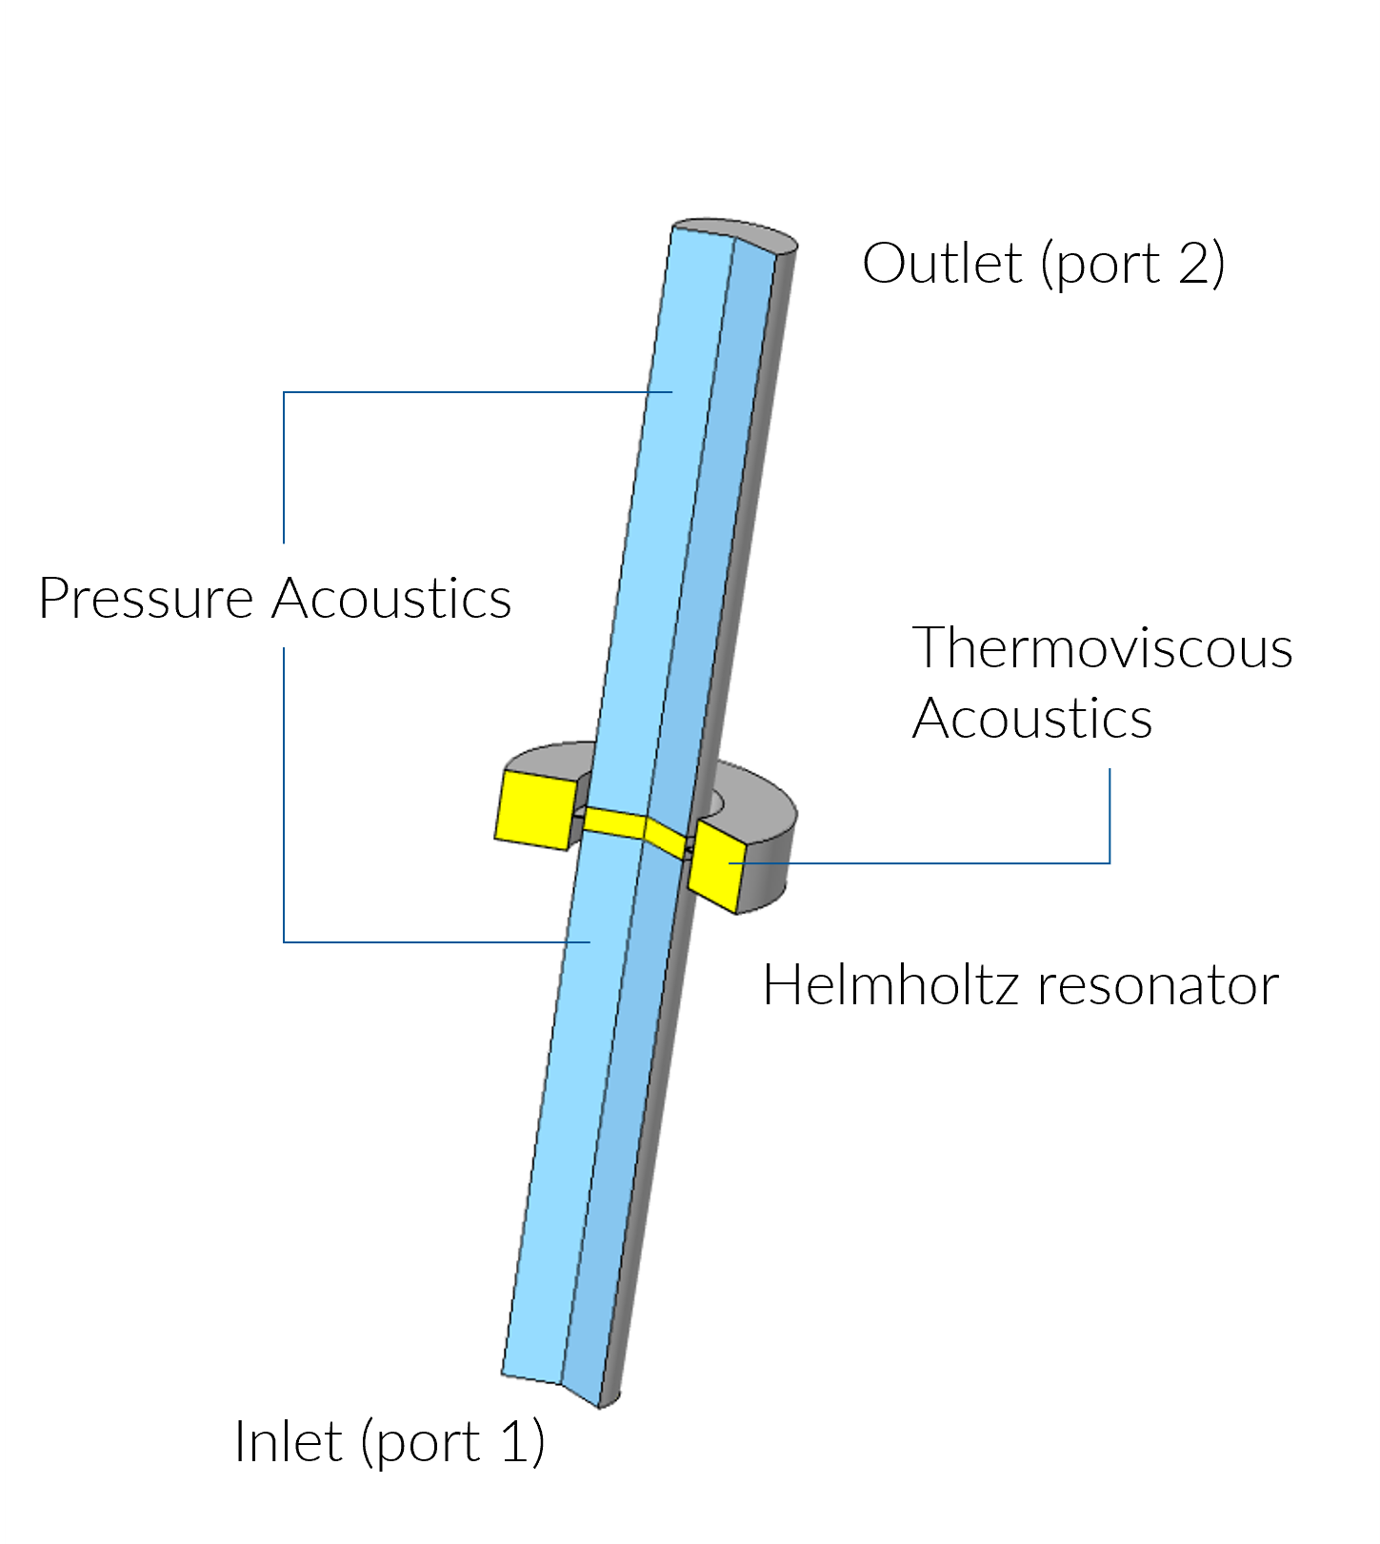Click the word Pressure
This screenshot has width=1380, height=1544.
145,600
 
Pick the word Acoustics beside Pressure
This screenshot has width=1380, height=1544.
391,599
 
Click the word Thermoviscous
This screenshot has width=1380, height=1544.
1102,648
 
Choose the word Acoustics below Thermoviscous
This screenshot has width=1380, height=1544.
1031,719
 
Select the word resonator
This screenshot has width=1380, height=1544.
1157,986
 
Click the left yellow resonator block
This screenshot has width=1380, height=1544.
534,808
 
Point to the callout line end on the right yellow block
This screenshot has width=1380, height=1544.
730,862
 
